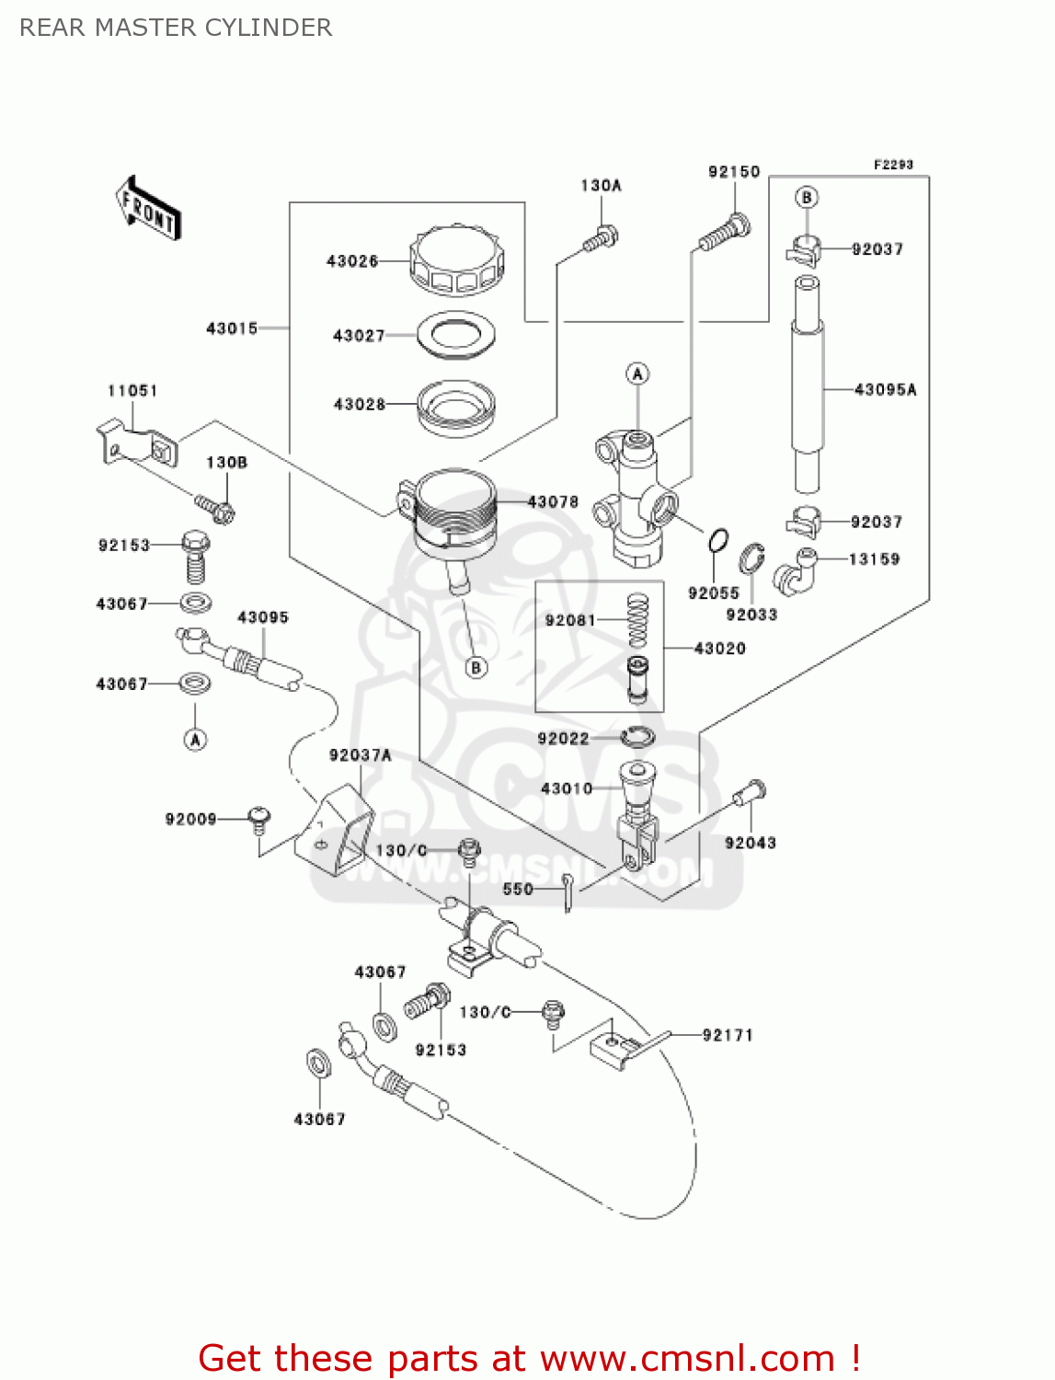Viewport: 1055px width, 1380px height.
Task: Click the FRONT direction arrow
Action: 148,209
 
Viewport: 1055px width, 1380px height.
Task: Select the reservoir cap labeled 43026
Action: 457,261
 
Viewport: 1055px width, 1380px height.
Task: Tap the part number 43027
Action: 359,336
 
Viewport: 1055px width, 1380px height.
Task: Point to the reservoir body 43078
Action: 454,515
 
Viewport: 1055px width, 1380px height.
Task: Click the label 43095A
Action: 885,390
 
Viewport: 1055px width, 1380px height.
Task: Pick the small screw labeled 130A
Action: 600,240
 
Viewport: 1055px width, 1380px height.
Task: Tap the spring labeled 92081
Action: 637,620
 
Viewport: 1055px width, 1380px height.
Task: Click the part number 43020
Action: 719,649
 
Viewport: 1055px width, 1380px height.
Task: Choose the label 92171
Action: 728,1035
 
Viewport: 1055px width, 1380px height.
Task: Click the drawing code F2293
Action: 893,165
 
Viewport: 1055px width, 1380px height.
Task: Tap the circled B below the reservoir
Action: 476,668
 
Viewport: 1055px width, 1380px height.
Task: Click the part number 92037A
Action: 360,755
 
